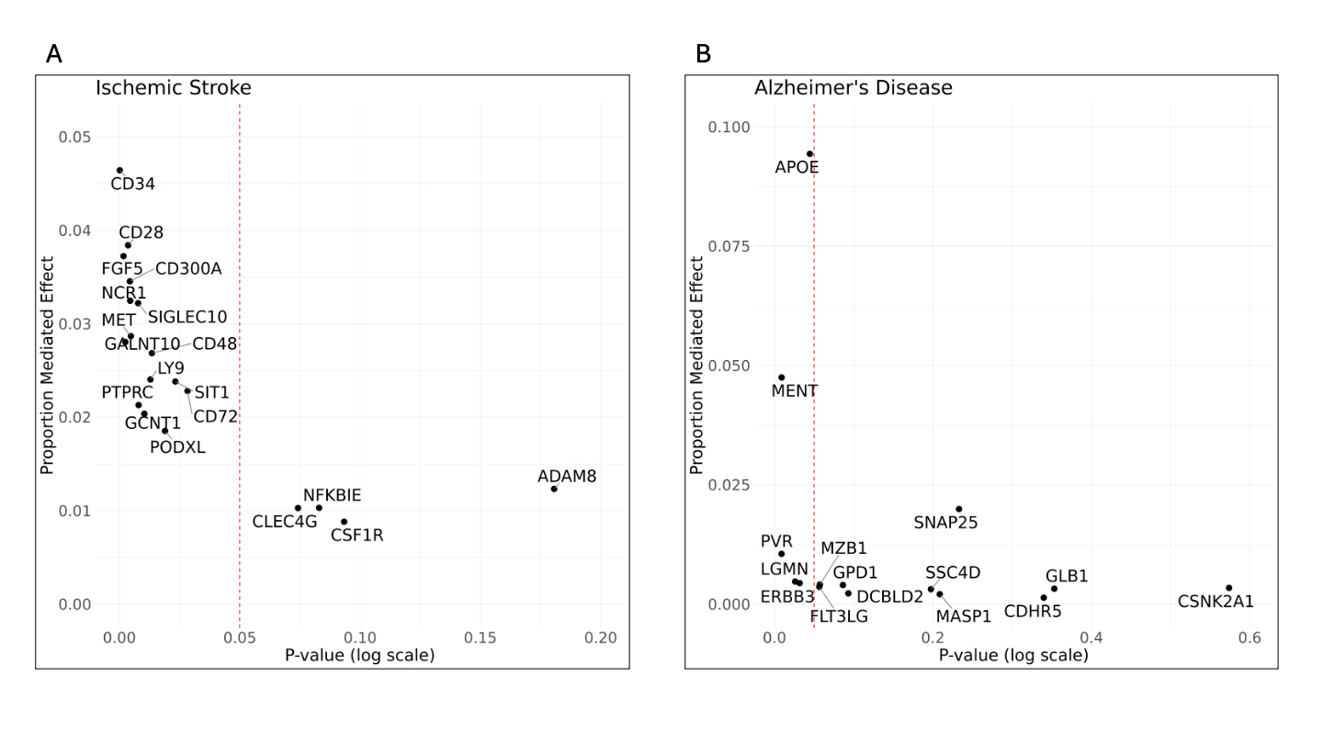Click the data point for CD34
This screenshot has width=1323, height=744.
(x=119, y=170)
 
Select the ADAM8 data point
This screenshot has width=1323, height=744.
(x=554, y=489)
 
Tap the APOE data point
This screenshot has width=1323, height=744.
(x=809, y=153)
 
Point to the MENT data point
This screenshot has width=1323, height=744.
(x=781, y=378)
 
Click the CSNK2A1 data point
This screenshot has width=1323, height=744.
(x=1228, y=588)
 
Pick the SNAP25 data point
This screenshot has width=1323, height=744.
(x=958, y=509)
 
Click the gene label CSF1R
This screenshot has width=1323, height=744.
(x=356, y=535)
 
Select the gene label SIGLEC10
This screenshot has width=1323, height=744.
(x=187, y=317)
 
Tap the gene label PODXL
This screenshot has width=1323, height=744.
(x=177, y=448)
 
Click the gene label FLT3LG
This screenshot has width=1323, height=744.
(x=839, y=616)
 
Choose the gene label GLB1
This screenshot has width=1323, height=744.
(x=1067, y=576)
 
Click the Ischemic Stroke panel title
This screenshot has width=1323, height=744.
(x=174, y=88)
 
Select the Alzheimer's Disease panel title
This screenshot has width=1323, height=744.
(x=853, y=88)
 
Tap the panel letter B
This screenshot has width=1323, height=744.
(x=703, y=54)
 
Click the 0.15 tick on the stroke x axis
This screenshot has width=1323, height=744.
(x=481, y=637)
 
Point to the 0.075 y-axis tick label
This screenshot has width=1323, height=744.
(x=729, y=246)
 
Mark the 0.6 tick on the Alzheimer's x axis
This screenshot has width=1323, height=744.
(x=1249, y=637)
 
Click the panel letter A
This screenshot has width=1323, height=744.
(x=54, y=54)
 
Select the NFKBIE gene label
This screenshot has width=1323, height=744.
(x=332, y=496)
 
